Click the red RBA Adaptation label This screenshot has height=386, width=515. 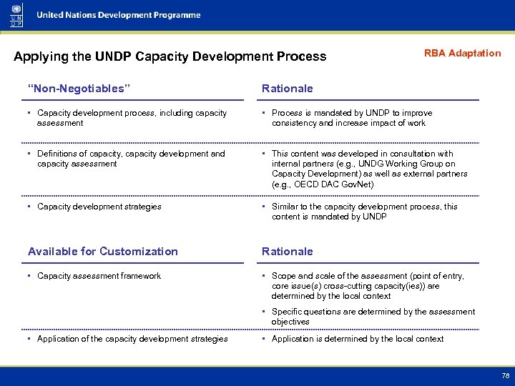462,54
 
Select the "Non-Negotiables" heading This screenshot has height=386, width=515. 79,89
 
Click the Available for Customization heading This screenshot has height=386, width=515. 103,252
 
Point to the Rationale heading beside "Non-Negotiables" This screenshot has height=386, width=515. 287,89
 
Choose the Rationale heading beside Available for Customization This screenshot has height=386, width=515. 287,252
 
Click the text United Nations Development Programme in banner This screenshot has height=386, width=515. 119,15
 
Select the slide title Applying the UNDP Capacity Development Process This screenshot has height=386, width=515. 170,56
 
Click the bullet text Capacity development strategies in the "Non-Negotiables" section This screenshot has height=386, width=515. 99,207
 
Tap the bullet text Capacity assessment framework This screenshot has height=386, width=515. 99,276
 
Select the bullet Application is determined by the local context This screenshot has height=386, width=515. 358,339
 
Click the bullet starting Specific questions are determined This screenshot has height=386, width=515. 373,317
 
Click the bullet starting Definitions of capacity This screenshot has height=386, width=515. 130,159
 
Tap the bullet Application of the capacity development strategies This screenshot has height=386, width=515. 132,339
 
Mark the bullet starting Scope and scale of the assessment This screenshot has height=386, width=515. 367,286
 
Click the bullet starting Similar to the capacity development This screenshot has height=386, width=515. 364,212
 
